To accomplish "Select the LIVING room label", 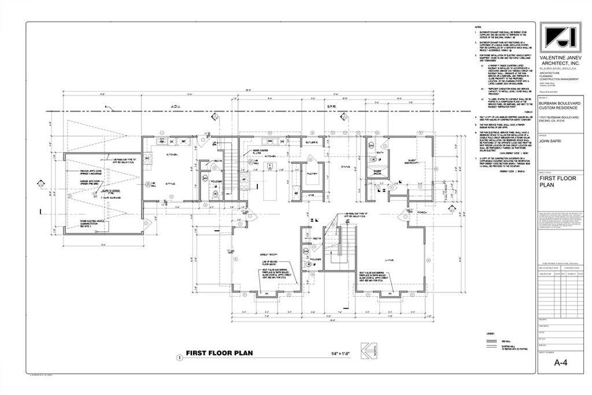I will [x=390, y=261].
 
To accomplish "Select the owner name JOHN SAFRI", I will [x=552, y=139].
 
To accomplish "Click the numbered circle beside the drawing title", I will [x=179, y=358].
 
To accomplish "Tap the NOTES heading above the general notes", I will [x=478, y=28].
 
